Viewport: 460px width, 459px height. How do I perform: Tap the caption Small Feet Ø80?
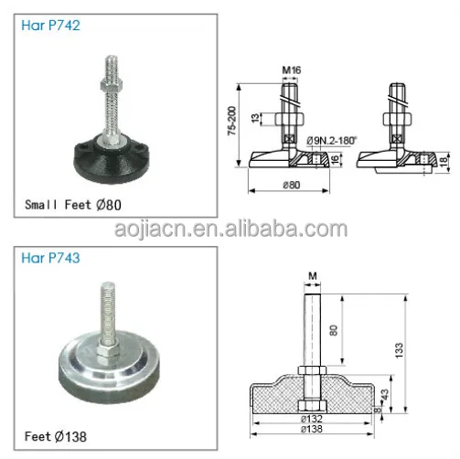click(72, 204)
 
